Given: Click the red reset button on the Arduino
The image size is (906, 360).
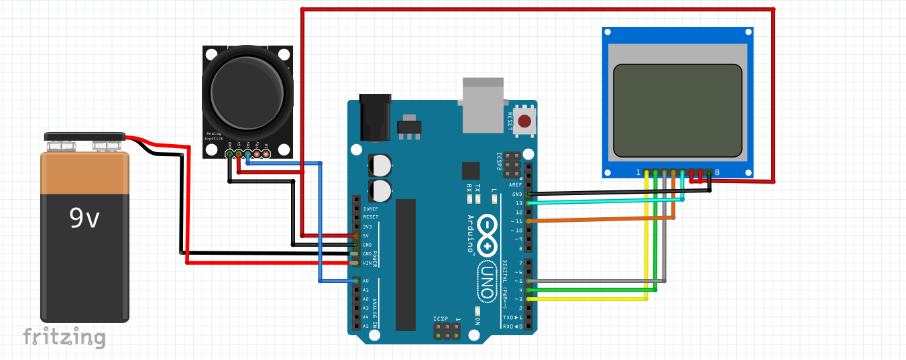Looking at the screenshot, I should tap(525, 121).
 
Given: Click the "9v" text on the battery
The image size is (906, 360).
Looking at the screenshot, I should tap(84, 218).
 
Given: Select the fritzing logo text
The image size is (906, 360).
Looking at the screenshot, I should tap(64, 337).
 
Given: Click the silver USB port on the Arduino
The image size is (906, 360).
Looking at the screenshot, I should tap(482, 104).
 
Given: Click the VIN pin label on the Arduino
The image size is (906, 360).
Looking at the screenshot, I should tap(367, 263).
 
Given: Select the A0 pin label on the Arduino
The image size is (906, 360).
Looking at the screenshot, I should tap(365, 281).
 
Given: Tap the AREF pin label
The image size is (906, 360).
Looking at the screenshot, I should tap(516, 185).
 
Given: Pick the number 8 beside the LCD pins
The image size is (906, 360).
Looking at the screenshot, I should tap(717, 172).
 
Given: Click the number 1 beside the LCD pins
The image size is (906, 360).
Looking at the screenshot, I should tap(638, 172).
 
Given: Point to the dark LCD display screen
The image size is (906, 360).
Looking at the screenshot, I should tap(678, 110).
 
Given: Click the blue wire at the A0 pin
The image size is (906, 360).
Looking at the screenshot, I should tap(335, 281).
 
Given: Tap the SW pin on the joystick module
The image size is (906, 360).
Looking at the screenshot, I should tap(266, 154).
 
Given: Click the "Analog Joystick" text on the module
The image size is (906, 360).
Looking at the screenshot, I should tap(215, 135).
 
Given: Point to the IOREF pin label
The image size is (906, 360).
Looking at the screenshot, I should tap(370, 208).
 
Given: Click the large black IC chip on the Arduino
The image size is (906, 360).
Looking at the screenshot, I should tap(406, 265).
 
